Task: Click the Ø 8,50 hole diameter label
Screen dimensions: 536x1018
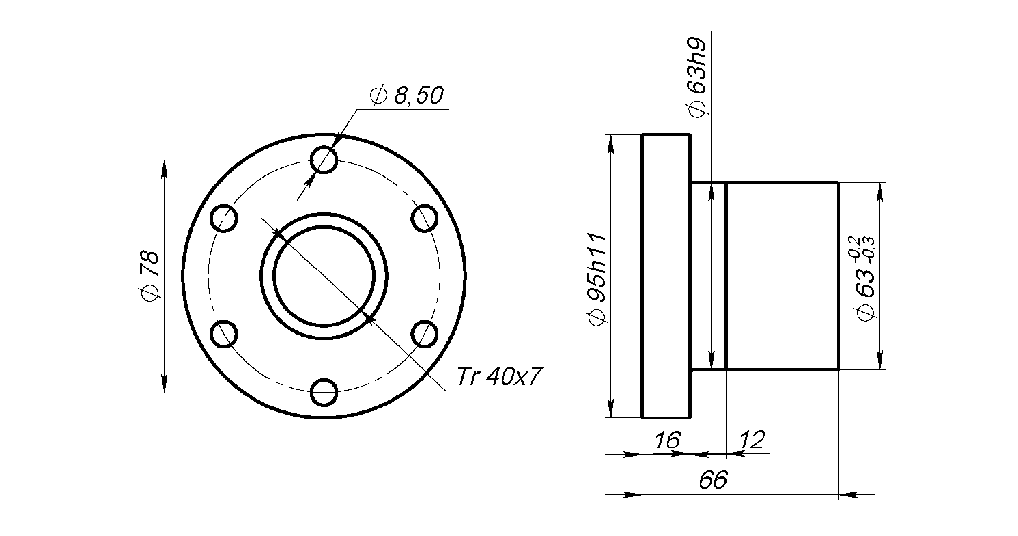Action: click(406, 96)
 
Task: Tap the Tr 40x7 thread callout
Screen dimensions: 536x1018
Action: click(500, 376)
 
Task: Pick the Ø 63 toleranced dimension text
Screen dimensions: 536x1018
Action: click(866, 288)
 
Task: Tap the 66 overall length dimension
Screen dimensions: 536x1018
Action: click(713, 479)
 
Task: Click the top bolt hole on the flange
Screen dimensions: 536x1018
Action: click(323, 159)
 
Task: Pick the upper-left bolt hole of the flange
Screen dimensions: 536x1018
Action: click(223, 218)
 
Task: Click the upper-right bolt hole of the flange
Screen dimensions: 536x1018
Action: click(424, 218)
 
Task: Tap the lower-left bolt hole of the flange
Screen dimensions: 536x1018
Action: click(223, 334)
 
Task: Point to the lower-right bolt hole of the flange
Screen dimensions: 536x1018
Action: click(424, 334)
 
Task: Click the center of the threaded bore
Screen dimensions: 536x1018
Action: click(323, 275)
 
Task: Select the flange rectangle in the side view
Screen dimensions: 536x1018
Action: click(666, 275)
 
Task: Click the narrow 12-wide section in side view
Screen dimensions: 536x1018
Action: click(709, 275)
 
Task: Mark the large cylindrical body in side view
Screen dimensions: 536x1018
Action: click(782, 275)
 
